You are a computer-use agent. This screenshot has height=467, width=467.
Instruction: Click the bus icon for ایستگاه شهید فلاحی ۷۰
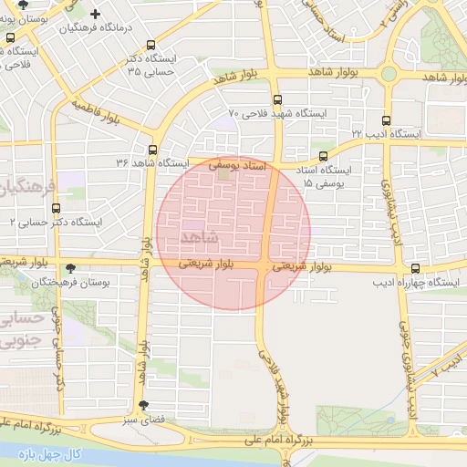[276, 100]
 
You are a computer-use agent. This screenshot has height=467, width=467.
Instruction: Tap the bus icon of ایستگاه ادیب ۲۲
[386, 120]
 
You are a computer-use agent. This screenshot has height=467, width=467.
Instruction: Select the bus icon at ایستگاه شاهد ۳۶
[152, 150]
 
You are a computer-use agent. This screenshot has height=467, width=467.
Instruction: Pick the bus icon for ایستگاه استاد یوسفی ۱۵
[323, 157]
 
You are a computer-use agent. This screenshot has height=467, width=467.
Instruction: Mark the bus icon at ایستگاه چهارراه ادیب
[416, 268]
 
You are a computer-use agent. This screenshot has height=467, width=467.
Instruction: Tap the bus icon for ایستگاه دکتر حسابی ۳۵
[150, 45]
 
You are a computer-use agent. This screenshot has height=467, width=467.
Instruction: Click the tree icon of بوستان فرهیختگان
[71, 268]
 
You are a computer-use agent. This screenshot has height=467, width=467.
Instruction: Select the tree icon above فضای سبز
[142, 405]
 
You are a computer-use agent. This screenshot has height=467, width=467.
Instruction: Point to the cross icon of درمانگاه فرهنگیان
[96, 15]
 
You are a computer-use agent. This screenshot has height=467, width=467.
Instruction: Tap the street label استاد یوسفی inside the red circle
[236, 166]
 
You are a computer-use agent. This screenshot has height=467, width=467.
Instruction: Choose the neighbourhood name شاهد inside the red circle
[201, 237]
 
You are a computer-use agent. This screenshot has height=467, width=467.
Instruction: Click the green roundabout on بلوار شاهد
[389, 74]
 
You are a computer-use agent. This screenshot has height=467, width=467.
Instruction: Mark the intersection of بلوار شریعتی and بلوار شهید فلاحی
[265, 267]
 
